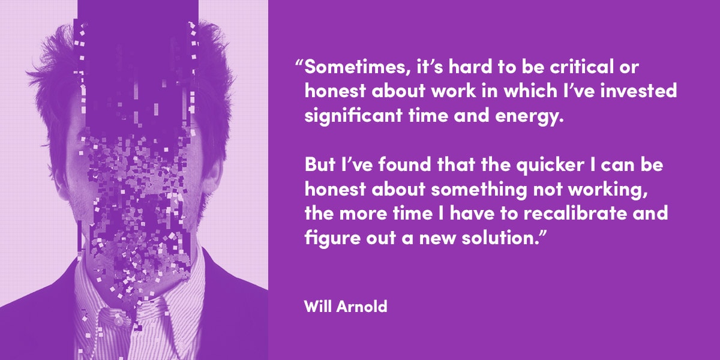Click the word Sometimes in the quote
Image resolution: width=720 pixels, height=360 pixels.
pos(358,67)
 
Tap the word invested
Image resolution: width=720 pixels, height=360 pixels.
pos(638,91)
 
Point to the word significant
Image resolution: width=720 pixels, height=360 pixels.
pos(353,116)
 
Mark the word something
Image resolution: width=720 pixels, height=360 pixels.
pos(479,190)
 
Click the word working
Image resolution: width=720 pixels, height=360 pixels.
pos(607,190)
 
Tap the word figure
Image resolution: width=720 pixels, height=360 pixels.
pos(332,238)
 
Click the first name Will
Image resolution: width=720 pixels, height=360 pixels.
pos(317,306)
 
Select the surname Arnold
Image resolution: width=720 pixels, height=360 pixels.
pos(362,306)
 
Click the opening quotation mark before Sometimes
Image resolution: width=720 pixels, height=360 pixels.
pos(299,62)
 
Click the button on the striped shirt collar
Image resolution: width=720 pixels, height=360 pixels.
pos(118,321)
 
